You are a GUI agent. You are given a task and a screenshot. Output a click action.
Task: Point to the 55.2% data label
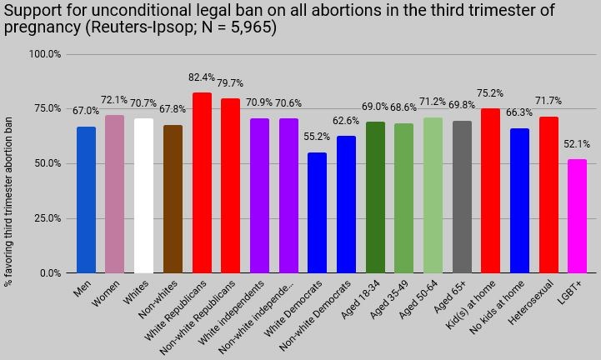click(317, 137)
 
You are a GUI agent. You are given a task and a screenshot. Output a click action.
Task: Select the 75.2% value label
click(490, 93)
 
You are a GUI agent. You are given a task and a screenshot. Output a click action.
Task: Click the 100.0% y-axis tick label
click(45, 54)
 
